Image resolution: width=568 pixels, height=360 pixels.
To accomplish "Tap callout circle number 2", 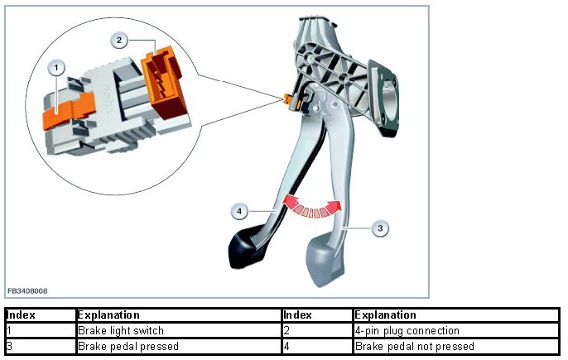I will pyautogui.click(x=119, y=39).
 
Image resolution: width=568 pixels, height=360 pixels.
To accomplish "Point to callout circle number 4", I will pyautogui.click(x=238, y=212).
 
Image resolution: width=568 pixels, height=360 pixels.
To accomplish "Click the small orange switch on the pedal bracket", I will pyautogui.click(x=289, y=99).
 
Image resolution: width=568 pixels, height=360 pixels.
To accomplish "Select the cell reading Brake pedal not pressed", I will pyautogui.click(x=414, y=346).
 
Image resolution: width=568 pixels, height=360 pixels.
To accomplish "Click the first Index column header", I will pyautogui.click(x=20, y=315).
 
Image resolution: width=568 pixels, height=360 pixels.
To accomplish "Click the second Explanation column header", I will pyautogui.click(x=386, y=315).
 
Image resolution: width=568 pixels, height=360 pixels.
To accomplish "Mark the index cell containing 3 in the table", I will pyautogui.click(x=8, y=346).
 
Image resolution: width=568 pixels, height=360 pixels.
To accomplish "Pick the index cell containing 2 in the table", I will pyautogui.click(x=285, y=331).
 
